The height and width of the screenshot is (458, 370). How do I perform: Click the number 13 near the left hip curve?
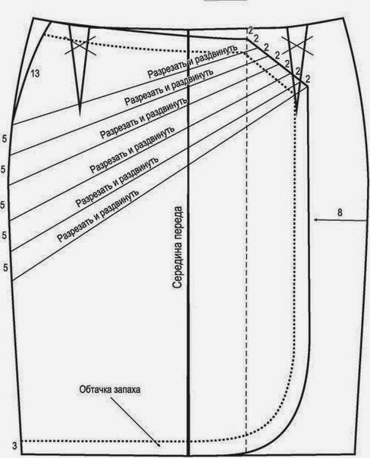[x=35, y=74]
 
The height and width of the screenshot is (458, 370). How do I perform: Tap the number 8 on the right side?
[x=340, y=212]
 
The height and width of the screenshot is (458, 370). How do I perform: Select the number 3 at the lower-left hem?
[x=14, y=446]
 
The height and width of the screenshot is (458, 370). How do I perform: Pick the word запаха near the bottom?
[x=128, y=390]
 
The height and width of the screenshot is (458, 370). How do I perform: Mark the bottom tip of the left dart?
[x=80, y=114]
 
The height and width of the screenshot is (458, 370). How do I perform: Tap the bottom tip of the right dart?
[x=296, y=112]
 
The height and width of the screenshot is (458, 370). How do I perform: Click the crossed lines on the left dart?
[x=80, y=45]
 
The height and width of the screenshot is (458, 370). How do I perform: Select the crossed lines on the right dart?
[x=298, y=45]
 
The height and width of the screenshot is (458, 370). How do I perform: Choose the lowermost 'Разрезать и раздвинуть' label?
[x=97, y=216]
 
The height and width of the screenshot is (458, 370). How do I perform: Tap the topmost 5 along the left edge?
[x=4, y=139]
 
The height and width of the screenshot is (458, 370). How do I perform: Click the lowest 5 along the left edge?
[x=5, y=268]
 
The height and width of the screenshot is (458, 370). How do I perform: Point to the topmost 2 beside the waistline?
[x=250, y=30]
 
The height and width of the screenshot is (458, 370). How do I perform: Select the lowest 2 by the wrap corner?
[x=308, y=79]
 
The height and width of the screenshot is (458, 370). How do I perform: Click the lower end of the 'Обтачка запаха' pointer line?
[x=159, y=446]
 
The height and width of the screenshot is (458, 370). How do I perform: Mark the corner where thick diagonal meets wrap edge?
[x=308, y=86]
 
